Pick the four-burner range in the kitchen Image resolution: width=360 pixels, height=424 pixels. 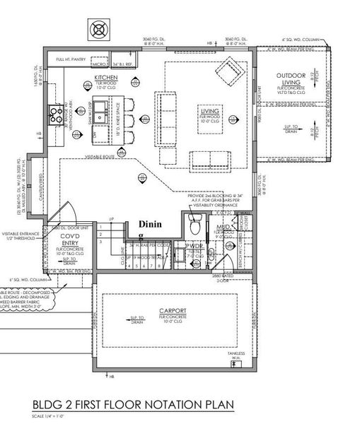(54, 112)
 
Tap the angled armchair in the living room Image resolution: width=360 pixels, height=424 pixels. (228, 71)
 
